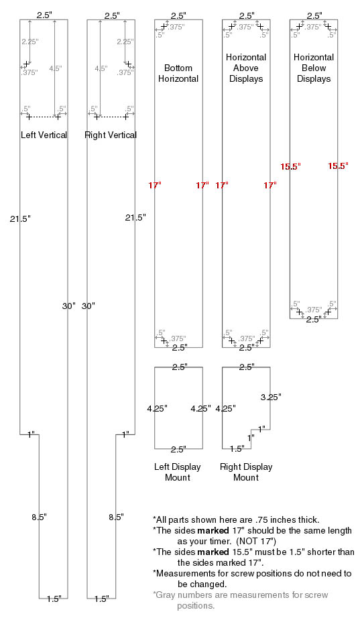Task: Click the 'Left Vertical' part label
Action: pyautogui.click(x=44, y=135)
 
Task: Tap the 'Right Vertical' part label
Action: pyautogui.click(x=111, y=135)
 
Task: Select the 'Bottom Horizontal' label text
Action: pyautogui.click(x=178, y=73)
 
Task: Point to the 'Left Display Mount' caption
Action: pyautogui.click(x=178, y=472)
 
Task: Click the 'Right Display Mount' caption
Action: pyautogui.click(x=246, y=472)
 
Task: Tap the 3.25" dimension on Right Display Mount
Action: pyautogui.click(x=271, y=397)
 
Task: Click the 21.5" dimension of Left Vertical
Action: pyautogui.click(x=20, y=219)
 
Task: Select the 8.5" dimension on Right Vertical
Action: pyautogui.click(x=117, y=517)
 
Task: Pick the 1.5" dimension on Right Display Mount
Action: pyautogui.click(x=237, y=448)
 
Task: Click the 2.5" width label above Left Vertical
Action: pyautogui.click(x=44, y=15)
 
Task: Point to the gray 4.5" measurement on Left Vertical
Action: pyautogui.click(x=56, y=68)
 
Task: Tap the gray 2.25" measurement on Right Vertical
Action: pyautogui.click(x=125, y=42)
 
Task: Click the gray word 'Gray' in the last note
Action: pyautogui.click(x=165, y=595)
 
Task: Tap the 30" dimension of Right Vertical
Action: pyautogui.click(x=88, y=306)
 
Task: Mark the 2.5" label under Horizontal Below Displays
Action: pyautogui.click(x=314, y=320)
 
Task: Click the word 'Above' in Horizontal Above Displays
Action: pyautogui.click(x=246, y=68)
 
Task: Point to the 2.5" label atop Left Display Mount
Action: pyautogui.click(x=180, y=367)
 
